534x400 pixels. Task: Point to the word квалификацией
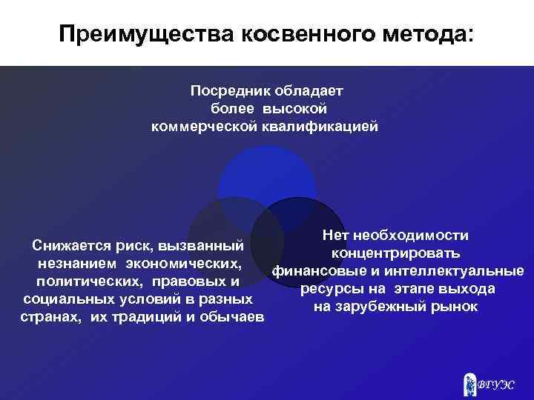(320, 127)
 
